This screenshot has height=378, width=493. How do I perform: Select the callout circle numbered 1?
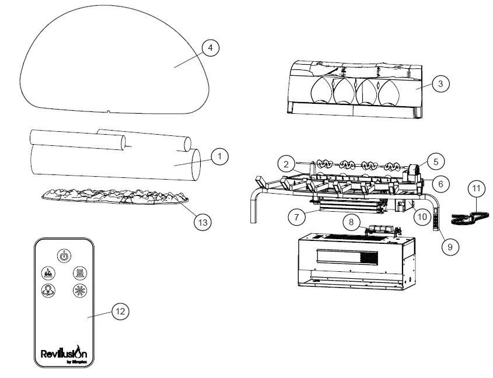pyautogui.click(x=219, y=156)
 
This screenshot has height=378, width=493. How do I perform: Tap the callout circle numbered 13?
pyautogui.click(x=203, y=222)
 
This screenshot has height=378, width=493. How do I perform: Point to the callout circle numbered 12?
pyautogui.click(x=120, y=311)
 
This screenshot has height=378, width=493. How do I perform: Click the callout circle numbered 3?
pyautogui.click(x=440, y=84)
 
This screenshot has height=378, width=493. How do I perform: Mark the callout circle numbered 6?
pyautogui.click(x=441, y=183)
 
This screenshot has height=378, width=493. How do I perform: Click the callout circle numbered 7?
pyautogui.click(x=298, y=217)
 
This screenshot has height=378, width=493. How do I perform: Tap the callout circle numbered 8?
pyautogui.click(x=351, y=222)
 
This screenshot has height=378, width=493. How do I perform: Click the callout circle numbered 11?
pyautogui.click(x=477, y=188)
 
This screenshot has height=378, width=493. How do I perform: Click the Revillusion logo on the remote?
pyautogui.click(x=64, y=353)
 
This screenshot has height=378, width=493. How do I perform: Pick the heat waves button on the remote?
pyautogui.click(x=79, y=272)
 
